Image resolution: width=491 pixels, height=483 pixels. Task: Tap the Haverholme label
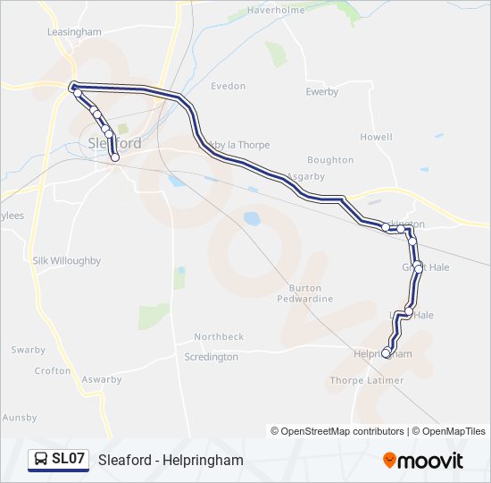coord(277,10)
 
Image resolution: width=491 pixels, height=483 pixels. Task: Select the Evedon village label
coord(228,86)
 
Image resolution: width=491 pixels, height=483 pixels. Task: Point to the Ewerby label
coord(322,91)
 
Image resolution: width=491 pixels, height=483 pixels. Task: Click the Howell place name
coord(376,137)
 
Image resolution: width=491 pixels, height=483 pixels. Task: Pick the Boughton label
coord(330,160)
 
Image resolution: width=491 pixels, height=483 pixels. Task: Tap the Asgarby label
coord(306,176)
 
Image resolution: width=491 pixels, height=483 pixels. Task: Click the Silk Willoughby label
coord(67,260)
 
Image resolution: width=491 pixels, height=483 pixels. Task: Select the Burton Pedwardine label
coord(312,292)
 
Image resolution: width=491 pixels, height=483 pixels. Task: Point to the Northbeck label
coord(220,336)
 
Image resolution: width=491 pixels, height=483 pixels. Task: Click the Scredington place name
coord(212,357)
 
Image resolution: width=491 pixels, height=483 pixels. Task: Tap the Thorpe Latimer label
coord(367,380)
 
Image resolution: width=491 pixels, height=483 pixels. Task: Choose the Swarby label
coord(29,349)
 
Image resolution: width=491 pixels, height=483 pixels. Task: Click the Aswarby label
coord(101,379)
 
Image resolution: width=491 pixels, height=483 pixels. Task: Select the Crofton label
coord(52,370)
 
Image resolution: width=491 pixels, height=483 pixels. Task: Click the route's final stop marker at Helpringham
coord(387,352)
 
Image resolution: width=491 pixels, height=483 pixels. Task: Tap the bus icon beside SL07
coord(41,460)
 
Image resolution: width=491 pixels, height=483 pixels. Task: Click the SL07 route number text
coord(69,460)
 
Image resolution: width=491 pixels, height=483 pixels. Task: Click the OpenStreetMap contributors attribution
coord(337,431)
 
